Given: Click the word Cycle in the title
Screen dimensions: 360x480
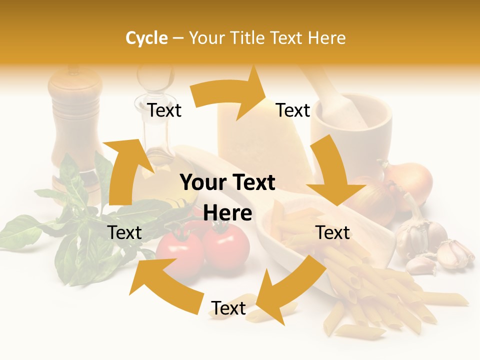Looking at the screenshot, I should click(x=146, y=38).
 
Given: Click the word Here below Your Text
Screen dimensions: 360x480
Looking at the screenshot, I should click(x=227, y=213).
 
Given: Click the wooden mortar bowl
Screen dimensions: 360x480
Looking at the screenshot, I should click(x=352, y=135).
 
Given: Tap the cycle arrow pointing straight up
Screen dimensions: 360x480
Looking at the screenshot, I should click(x=122, y=170).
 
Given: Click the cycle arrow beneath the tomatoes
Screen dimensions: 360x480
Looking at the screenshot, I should click(x=165, y=285).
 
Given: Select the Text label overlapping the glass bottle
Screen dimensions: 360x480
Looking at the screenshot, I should click(x=164, y=110).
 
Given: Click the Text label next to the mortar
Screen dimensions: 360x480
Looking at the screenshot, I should click(x=293, y=110).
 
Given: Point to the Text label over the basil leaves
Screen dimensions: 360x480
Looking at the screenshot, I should click(x=124, y=232).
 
